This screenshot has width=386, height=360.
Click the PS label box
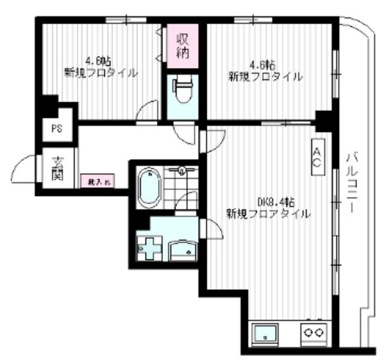click(56, 128)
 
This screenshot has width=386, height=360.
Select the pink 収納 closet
click(182, 45)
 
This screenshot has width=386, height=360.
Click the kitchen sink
click(265, 333)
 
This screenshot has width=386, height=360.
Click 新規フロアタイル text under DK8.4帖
click(268, 213)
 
